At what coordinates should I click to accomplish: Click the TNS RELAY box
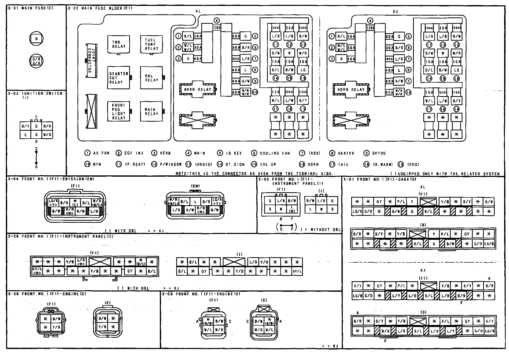click(118, 44)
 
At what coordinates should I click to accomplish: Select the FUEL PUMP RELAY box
click(151, 44)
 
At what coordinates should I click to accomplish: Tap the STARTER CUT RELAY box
click(118, 78)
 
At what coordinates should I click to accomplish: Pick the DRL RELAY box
click(151, 78)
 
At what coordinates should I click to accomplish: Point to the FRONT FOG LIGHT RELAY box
click(118, 111)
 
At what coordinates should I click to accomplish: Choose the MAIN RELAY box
click(151, 111)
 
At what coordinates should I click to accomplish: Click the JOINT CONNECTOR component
click(91, 61)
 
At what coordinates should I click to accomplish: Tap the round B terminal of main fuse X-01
click(36, 39)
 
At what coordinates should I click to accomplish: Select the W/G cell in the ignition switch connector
click(47, 134)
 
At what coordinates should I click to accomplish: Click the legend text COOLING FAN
click(275, 153)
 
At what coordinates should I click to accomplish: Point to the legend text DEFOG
click(379, 153)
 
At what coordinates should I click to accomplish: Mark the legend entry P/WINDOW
click(171, 165)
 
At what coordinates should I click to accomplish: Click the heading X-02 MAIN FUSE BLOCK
click(100, 8)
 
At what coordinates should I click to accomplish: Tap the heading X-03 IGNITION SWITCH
click(35, 94)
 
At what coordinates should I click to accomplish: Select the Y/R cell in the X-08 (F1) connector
click(56, 327)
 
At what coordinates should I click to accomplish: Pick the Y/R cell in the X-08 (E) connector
click(102, 327)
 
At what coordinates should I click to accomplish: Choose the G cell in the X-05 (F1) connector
click(270, 201)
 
